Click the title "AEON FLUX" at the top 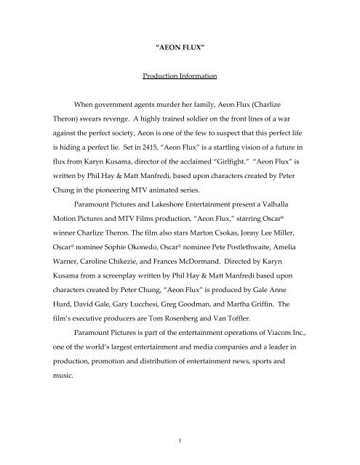pos(180,52)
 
